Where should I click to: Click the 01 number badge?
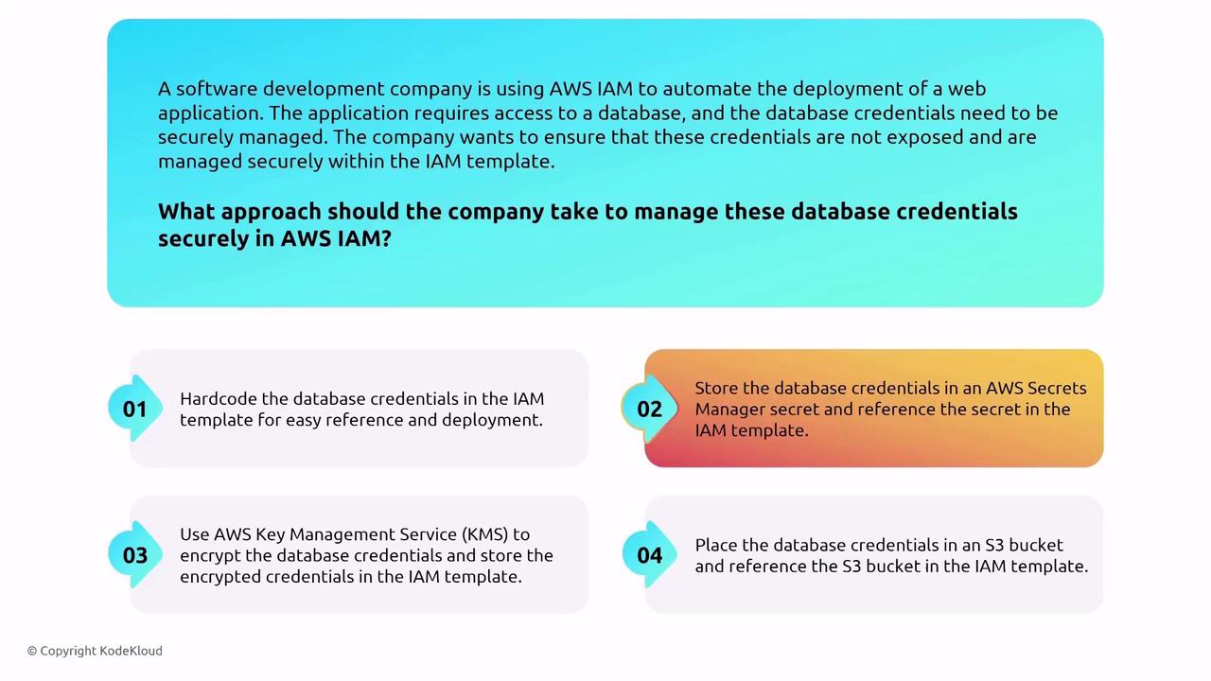135,409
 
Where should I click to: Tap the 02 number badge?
649,409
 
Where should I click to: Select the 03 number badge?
135,555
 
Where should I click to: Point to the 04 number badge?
649,555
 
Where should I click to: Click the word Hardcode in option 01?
219,399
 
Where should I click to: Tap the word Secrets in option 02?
1057,388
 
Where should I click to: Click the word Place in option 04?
718,545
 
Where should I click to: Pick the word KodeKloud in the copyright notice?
131,651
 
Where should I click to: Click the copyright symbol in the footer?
32,652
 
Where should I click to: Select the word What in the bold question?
186,211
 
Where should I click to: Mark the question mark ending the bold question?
386,238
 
